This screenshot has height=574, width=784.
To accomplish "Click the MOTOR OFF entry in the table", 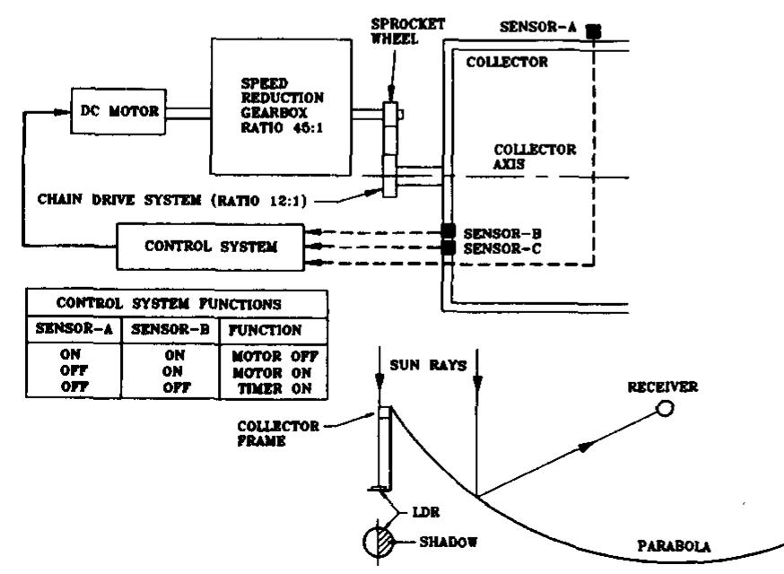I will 273,356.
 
